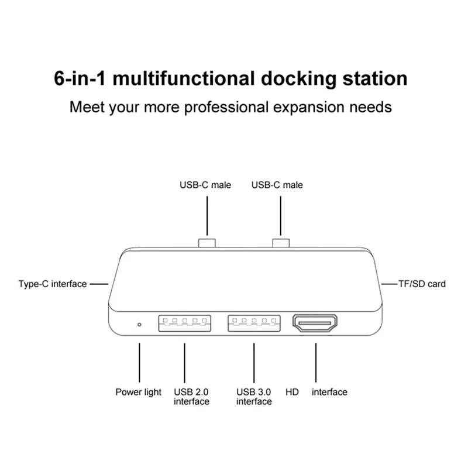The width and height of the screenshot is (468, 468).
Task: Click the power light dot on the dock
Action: pos(139,324)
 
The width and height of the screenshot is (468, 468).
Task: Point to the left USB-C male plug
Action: pos(207,242)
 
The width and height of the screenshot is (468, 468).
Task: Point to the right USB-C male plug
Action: pos(281,242)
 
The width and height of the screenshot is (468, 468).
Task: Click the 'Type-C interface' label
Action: pos(52,284)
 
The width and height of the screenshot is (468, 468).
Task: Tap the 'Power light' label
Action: pos(138,392)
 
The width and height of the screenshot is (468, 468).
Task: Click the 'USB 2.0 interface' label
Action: pos(191,396)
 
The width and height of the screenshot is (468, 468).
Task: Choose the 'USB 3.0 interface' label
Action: pos(254,396)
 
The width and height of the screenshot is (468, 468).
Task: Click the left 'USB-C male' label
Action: pos(205,185)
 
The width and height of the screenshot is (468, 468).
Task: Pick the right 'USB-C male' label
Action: pos(277,185)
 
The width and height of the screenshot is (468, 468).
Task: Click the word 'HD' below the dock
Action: pos(292,392)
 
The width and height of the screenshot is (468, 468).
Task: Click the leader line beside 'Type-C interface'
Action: pos(99,284)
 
